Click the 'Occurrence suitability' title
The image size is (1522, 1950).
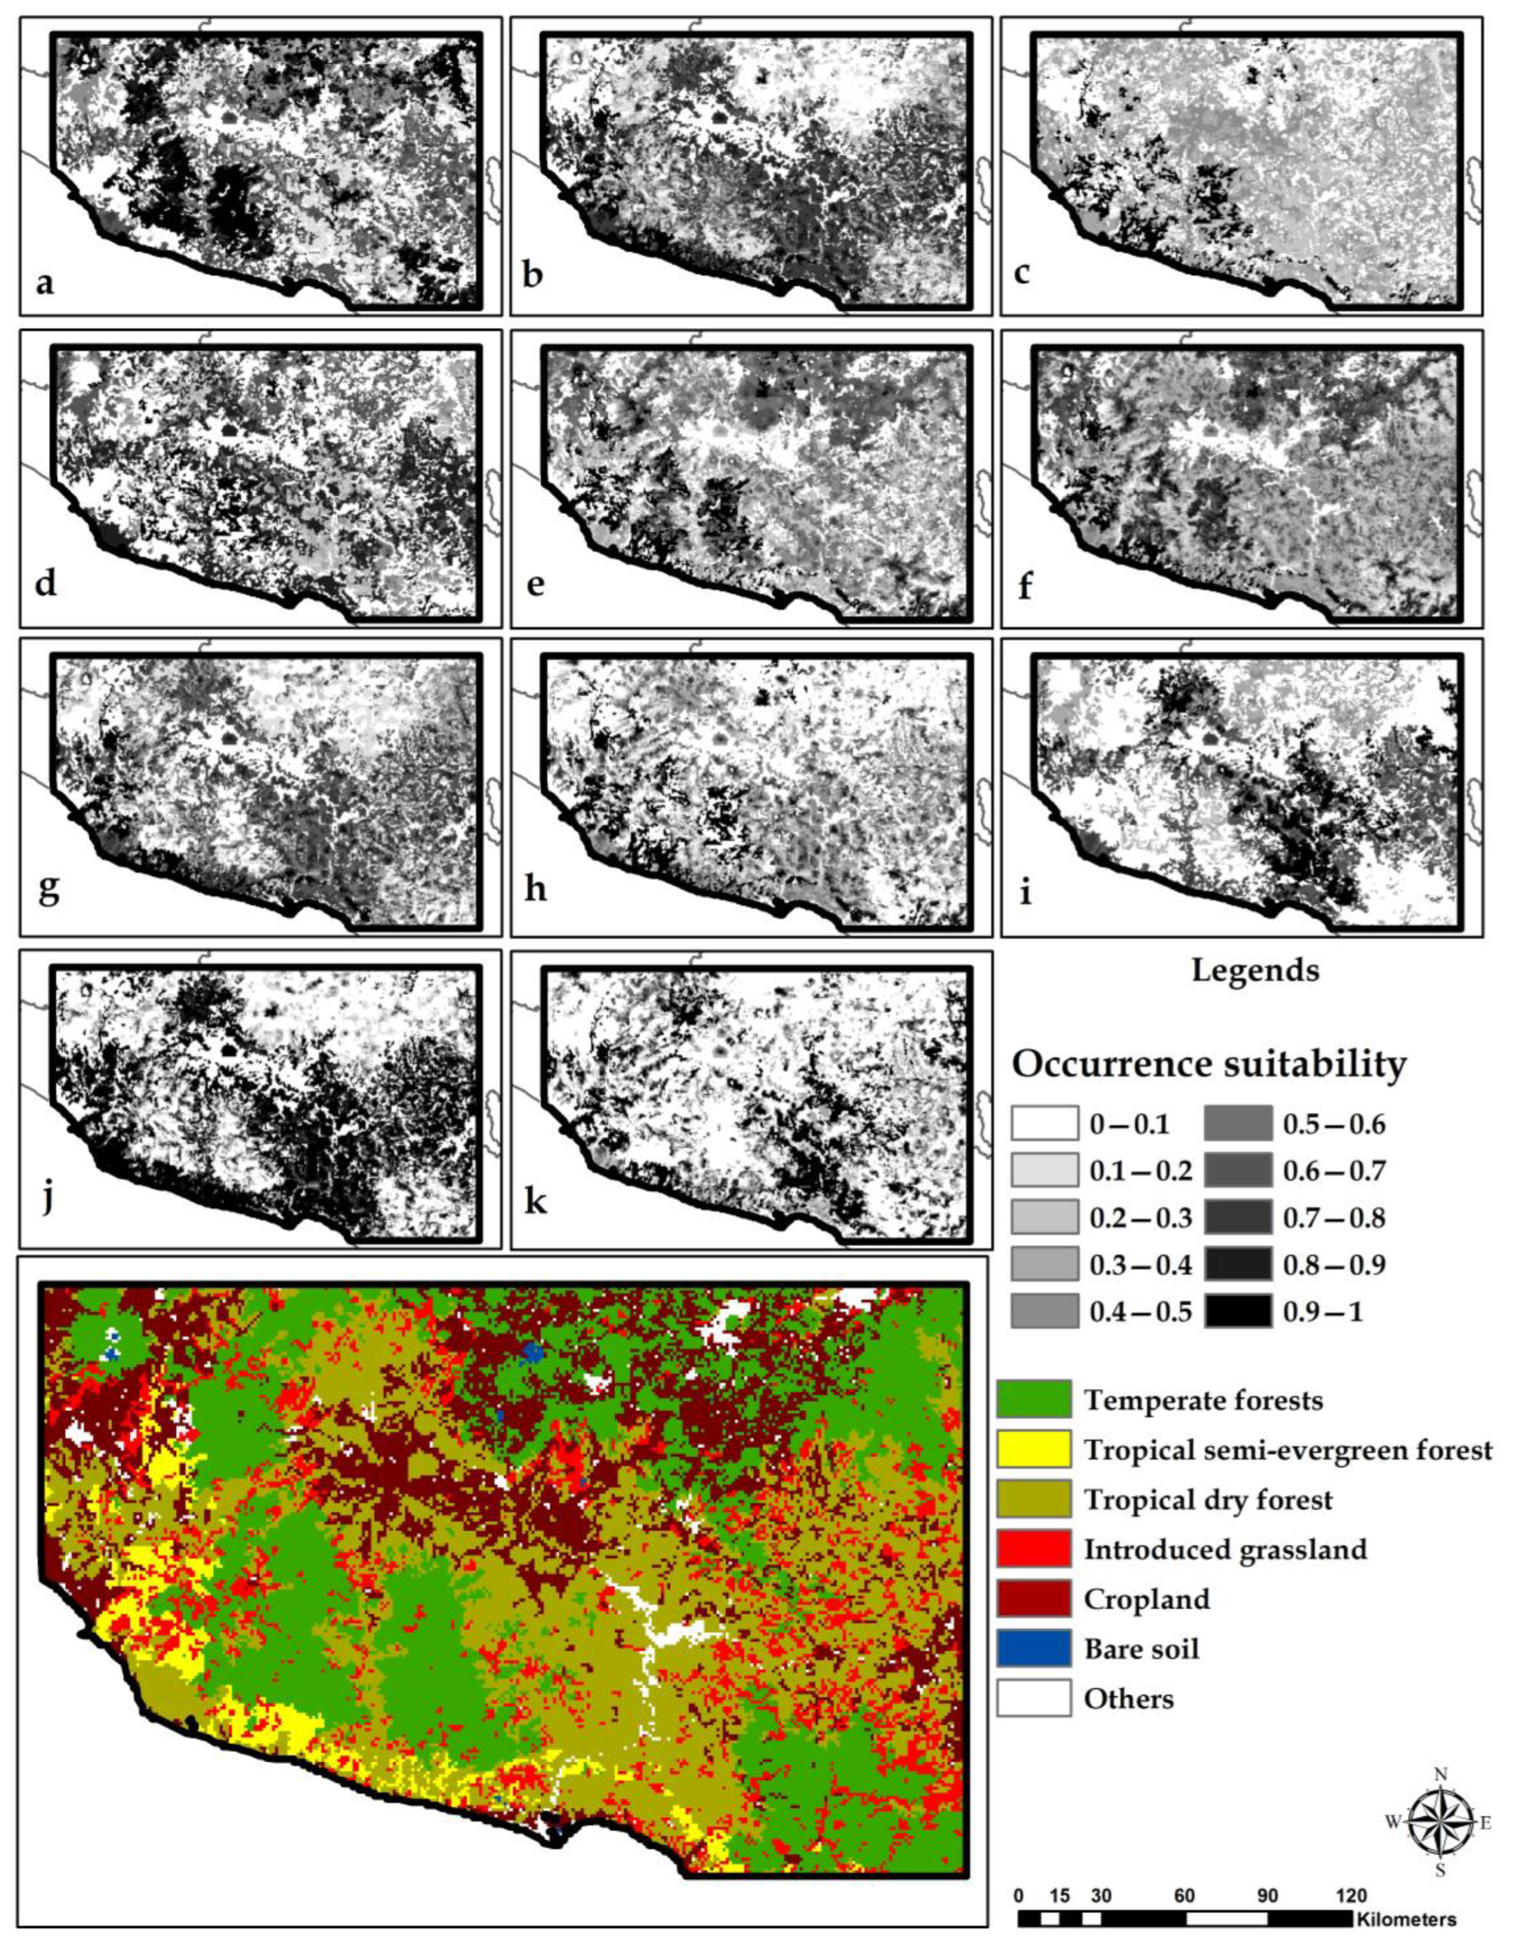[1209, 1064]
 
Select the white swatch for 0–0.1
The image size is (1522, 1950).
[1044, 1123]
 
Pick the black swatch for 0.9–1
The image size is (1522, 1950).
[1237, 1312]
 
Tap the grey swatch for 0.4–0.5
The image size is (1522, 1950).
[1044, 1312]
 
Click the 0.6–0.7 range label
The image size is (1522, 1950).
[1334, 1170]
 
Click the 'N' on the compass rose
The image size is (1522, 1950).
[1440, 1775]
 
